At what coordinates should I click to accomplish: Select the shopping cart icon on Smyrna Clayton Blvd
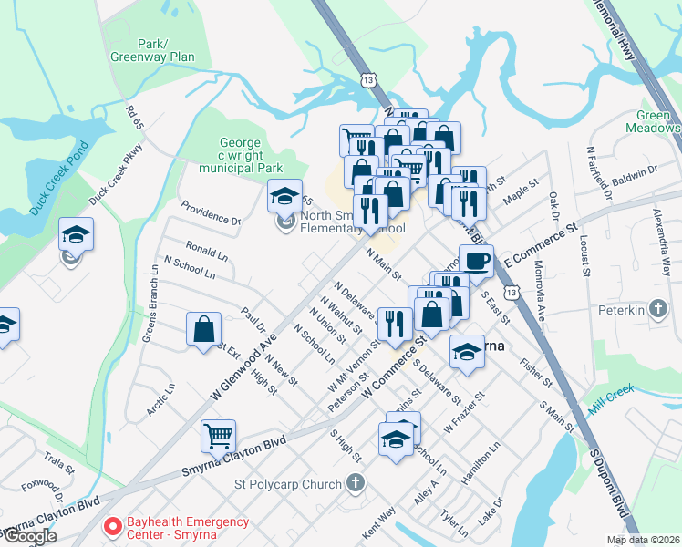[x=219, y=437]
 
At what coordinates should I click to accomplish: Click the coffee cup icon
[x=476, y=262]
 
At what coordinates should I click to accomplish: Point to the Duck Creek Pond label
[x=57, y=178]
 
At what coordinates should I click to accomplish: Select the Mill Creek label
[x=610, y=399]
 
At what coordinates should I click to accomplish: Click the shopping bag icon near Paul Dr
[x=204, y=329]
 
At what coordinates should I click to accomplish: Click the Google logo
[x=30, y=536]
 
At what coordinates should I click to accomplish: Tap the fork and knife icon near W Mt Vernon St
[x=395, y=325]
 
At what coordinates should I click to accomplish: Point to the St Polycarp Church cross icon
[x=356, y=483]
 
